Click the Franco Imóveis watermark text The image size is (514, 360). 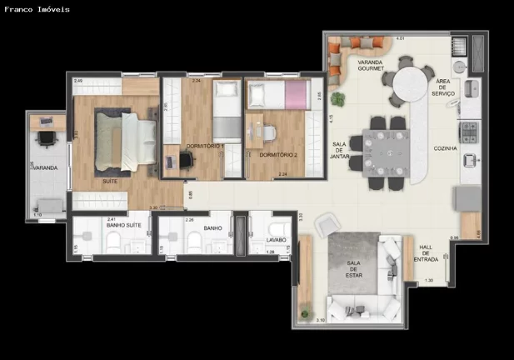coord(37,9)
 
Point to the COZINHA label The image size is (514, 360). coord(446,147)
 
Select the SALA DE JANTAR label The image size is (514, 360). coord(339,150)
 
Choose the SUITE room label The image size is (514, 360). coord(109,180)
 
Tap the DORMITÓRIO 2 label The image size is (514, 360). coord(275,154)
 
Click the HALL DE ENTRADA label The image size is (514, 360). coord(426,252)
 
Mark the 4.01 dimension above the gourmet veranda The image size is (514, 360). coord(400,38)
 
